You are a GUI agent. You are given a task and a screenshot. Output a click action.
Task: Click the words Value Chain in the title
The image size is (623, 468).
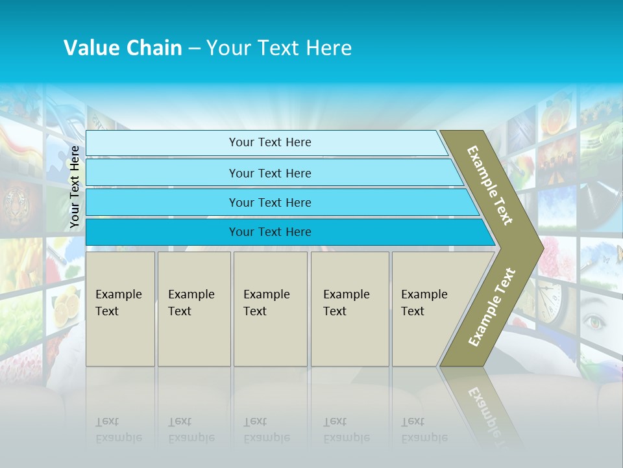pyautogui.click(x=123, y=47)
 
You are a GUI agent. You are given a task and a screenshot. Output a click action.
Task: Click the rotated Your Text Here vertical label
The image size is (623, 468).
pyautogui.click(x=75, y=187)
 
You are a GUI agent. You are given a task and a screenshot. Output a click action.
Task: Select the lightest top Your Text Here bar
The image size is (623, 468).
pyautogui.click(x=269, y=142)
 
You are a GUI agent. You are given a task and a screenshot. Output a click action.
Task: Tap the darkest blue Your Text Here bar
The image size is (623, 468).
pyautogui.click(x=269, y=232)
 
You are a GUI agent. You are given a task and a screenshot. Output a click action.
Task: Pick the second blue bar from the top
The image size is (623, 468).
pyautogui.click(x=269, y=173)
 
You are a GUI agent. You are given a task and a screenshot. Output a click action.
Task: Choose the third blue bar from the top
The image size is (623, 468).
pyautogui.click(x=269, y=202)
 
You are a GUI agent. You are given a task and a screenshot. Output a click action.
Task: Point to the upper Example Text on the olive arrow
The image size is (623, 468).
pyautogui.click(x=490, y=185)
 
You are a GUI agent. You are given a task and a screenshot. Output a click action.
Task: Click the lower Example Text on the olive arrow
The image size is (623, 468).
pyautogui.click(x=492, y=307)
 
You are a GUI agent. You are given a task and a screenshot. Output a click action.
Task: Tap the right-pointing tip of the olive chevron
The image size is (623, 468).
pyautogui.click(x=537, y=247)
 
